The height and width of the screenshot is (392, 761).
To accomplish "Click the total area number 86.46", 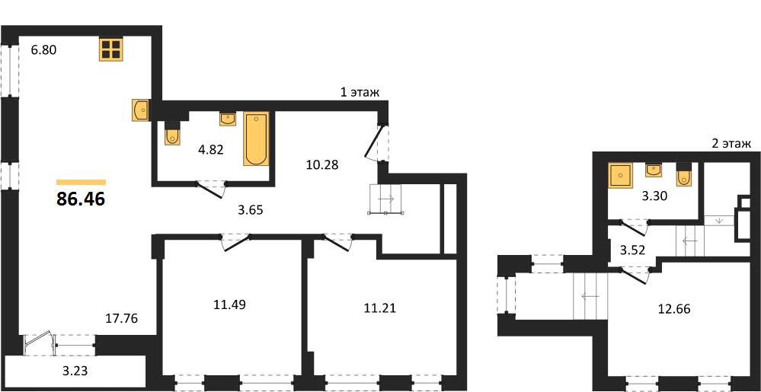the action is pyautogui.click(x=81, y=199).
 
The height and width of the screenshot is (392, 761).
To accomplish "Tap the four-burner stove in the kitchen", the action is pyautogui.click(x=111, y=49).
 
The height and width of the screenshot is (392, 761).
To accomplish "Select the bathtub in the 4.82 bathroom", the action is pyautogui.click(x=256, y=139).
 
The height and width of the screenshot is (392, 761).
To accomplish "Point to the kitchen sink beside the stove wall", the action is pyautogui.click(x=140, y=110).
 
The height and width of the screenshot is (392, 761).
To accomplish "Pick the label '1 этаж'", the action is pyautogui.click(x=359, y=92).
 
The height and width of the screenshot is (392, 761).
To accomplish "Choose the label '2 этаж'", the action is pyautogui.click(x=731, y=144).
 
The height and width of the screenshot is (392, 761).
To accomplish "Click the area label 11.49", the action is pyautogui.click(x=229, y=304).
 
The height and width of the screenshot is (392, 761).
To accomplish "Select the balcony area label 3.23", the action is pyautogui.click(x=75, y=372).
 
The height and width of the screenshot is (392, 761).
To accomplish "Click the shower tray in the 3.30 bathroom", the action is pyautogui.click(x=620, y=174).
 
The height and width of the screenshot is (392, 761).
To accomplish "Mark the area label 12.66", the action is pyautogui.click(x=673, y=308).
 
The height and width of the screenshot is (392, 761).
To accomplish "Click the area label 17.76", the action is pyautogui.click(x=123, y=319).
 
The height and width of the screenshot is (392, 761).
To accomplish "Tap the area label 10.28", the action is pyautogui.click(x=322, y=165).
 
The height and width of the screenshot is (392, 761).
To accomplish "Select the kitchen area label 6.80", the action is pyautogui.click(x=44, y=49).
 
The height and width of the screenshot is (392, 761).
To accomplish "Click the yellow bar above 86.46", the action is pyautogui.click(x=81, y=182).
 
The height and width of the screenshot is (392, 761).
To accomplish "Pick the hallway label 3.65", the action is pyautogui.click(x=251, y=211).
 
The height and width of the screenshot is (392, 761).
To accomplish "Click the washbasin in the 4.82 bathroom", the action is pyautogui.click(x=228, y=119).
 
